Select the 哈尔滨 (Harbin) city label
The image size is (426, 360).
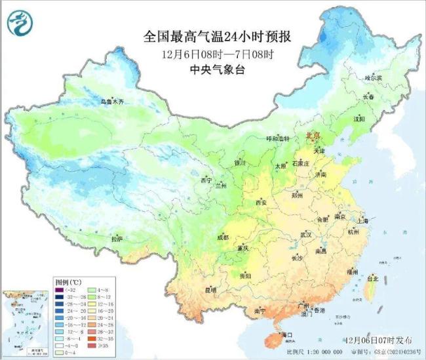click(x=372, y=77)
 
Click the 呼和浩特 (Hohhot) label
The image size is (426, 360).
click(x=267, y=138)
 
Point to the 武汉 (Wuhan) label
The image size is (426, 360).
click(x=305, y=234)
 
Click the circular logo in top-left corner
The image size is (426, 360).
click(x=20, y=23)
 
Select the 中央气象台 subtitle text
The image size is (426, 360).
click(x=216, y=70)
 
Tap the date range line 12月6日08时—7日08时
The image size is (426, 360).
click(x=216, y=54)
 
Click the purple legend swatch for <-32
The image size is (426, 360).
click(x=60, y=289)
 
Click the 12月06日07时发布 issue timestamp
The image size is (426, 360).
click(x=378, y=340)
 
